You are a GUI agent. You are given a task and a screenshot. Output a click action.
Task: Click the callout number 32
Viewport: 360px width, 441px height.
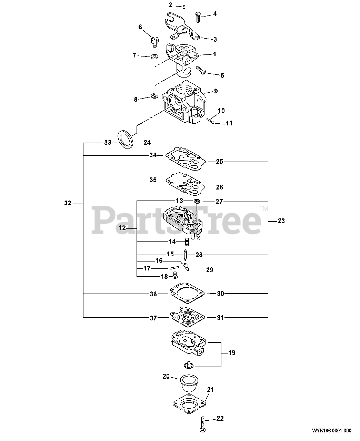click(68, 203)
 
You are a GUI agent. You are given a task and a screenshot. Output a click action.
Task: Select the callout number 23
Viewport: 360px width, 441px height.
click(281, 221)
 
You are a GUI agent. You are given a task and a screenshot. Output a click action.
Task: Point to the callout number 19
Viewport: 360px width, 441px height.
click(231, 353)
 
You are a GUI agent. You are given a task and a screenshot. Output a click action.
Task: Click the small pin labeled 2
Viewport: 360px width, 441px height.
click(184, 6)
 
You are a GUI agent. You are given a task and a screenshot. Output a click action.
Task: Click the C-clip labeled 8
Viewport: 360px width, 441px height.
click(154, 95)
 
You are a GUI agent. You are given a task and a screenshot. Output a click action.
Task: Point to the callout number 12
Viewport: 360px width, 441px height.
click(122, 228)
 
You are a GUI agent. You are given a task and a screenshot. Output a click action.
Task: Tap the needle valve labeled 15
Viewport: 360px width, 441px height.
click(186, 255)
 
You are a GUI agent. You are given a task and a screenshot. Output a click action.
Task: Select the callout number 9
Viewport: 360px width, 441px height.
click(216, 91)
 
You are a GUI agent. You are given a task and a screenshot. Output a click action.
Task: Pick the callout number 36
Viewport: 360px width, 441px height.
click(153, 294)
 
